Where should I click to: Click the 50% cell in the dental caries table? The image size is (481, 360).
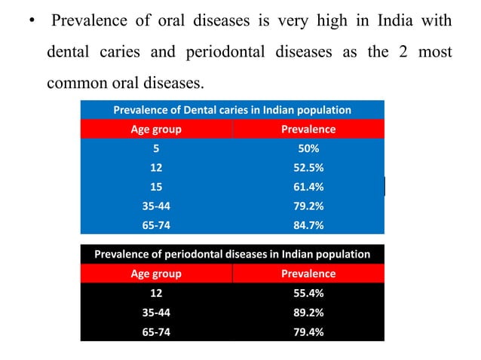(x=308, y=149)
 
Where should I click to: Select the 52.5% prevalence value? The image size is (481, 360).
(x=308, y=168)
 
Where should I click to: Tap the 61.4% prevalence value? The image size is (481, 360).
(x=308, y=187)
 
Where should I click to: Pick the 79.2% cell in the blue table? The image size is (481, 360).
(x=308, y=206)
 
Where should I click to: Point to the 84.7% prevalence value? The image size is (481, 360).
(x=308, y=224)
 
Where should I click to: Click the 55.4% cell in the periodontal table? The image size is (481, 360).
(x=308, y=293)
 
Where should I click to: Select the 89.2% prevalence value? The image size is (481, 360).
(x=308, y=312)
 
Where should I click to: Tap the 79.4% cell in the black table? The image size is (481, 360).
(x=308, y=331)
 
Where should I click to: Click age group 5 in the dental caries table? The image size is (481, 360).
(x=156, y=149)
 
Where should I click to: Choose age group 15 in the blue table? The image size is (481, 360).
(x=156, y=187)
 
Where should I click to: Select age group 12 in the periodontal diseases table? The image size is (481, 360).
(x=156, y=293)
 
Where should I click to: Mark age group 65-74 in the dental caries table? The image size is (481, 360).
(x=156, y=224)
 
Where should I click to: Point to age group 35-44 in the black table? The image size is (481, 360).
(x=156, y=312)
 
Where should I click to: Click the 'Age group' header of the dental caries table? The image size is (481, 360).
(x=156, y=130)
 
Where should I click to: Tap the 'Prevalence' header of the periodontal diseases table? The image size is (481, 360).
(x=308, y=273)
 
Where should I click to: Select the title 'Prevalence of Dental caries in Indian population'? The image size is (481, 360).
(x=232, y=110)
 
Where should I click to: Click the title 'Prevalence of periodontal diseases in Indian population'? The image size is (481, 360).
(x=232, y=254)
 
